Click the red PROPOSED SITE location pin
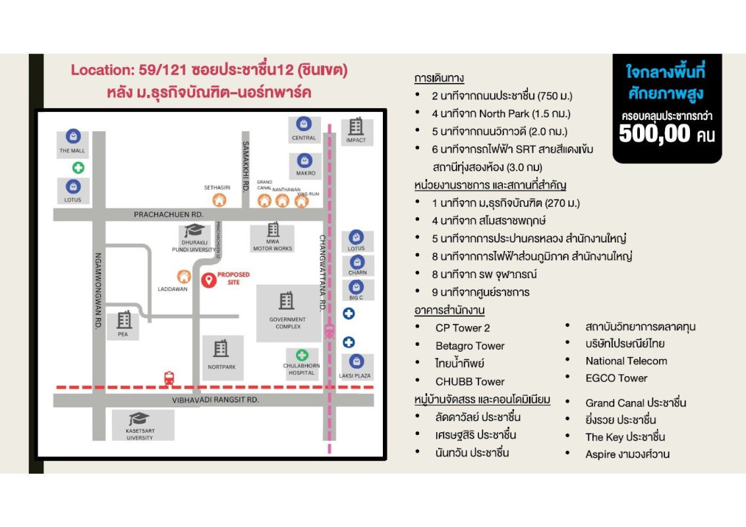click(209, 279)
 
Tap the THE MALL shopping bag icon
click(72, 136)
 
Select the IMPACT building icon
click(356, 126)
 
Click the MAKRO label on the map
click(304, 173)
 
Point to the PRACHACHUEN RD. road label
click(169, 215)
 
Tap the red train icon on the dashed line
click(169, 378)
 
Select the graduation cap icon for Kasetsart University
click(139, 420)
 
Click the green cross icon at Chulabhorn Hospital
click(302, 355)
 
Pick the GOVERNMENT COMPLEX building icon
click(287, 301)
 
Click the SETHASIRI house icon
click(218, 200)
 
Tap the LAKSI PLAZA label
click(356, 375)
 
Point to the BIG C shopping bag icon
click(357, 287)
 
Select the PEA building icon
click(123, 320)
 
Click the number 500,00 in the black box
click(654, 134)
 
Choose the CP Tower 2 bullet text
click(463, 328)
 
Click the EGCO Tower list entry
click(616, 378)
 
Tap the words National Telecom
click(626, 361)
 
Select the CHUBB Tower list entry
click(470, 381)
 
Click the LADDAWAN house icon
click(185, 277)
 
